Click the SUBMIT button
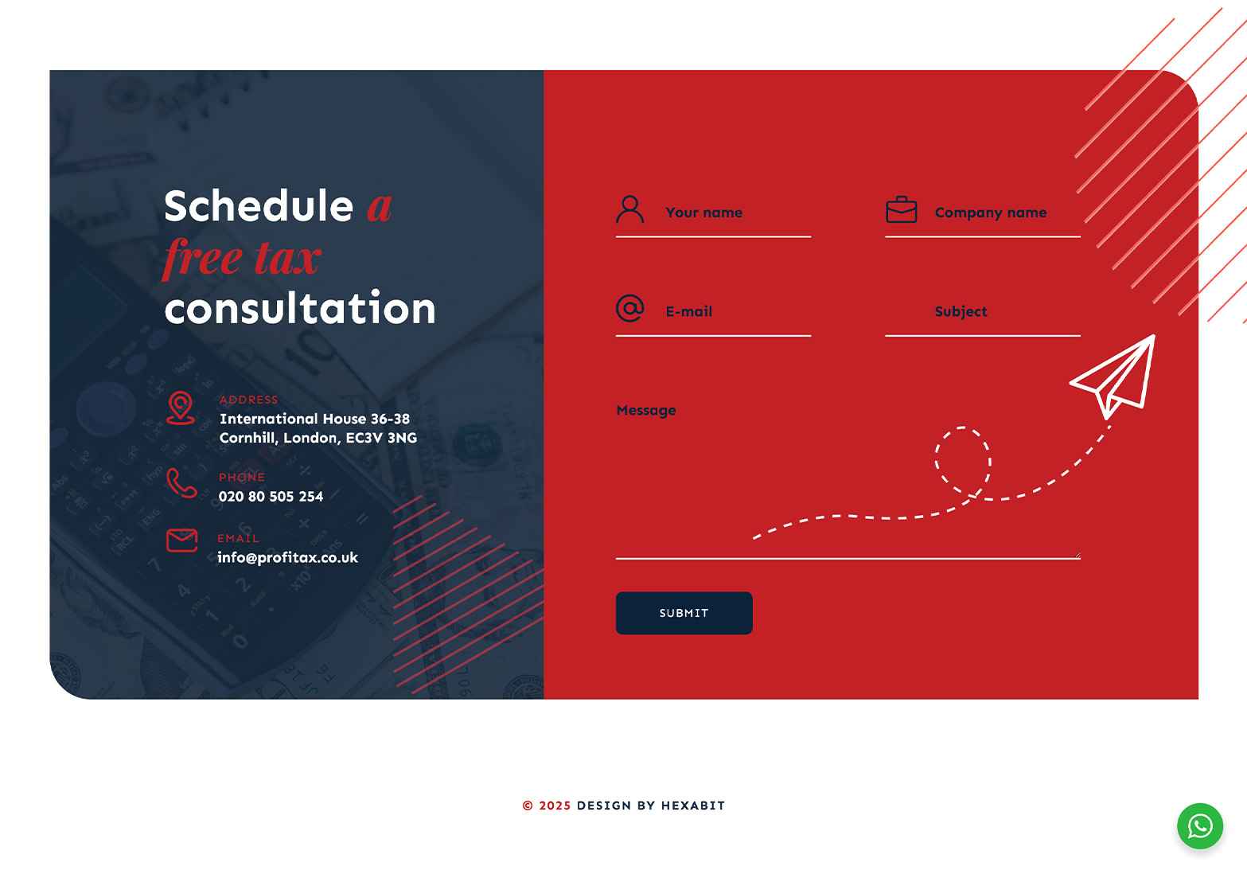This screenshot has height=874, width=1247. coord(684,613)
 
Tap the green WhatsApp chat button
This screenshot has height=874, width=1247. coord(1200,826)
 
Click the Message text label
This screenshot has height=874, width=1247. coord(645,411)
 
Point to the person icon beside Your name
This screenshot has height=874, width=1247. coord(629,209)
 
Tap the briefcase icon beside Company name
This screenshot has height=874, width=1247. coord(902,209)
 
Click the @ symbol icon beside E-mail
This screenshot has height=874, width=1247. coord(629,308)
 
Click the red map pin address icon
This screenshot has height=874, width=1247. coord(181,408)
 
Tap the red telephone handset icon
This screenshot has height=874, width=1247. coord(181,482)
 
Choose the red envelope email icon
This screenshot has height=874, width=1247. coord(182,540)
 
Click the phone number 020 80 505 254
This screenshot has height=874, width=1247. coord(271,497)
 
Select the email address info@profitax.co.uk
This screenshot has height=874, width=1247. coord(287,558)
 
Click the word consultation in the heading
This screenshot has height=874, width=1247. coord(299,308)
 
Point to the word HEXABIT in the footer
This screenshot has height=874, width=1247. coord(693,806)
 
